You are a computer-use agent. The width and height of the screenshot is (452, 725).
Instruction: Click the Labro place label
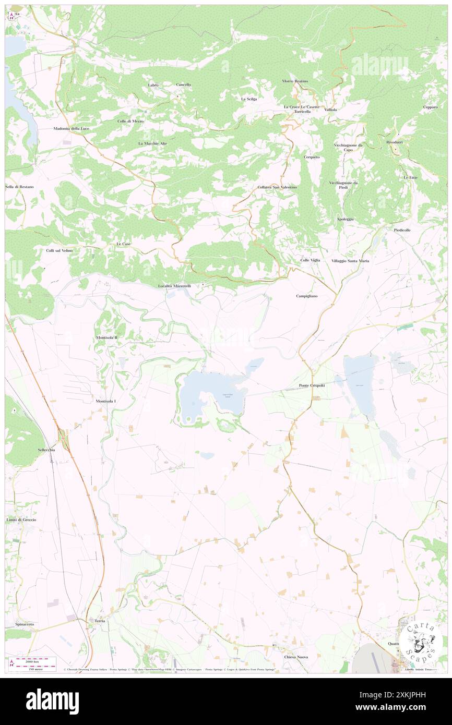click(153, 84)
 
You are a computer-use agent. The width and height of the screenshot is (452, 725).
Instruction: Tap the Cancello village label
click(183, 84)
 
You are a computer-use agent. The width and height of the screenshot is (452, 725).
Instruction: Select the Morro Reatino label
click(295, 81)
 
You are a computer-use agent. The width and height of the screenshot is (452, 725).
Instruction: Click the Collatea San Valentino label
click(277, 187)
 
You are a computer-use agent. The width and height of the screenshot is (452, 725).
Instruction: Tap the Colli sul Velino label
click(60, 251)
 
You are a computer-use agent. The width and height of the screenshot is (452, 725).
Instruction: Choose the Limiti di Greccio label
click(21, 520)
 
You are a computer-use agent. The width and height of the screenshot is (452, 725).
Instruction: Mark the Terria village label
click(100, 621)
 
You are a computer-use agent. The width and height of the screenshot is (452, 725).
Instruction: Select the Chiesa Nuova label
click(295, 657)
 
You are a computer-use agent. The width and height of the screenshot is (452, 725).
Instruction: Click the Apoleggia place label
click(345, 219)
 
